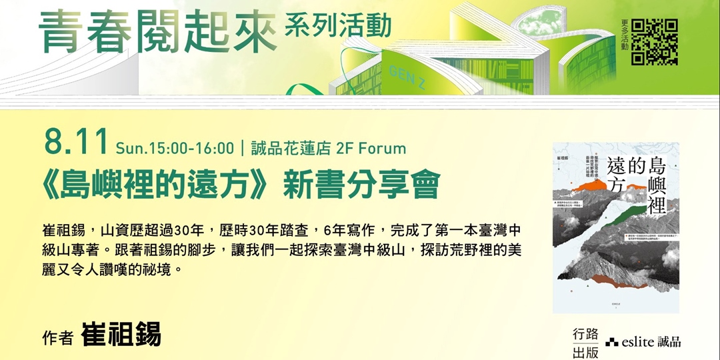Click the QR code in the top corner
(x=655, y=41)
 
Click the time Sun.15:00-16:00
(x=175, y=147)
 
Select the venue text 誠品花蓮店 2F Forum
(x=328, y=147)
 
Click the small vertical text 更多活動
(x=625, y=35)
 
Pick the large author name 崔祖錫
(x=121, y=335)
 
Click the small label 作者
(x=57, y=338)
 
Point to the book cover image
(x=615, y=227)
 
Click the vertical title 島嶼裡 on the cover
(x=661, y=183)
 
